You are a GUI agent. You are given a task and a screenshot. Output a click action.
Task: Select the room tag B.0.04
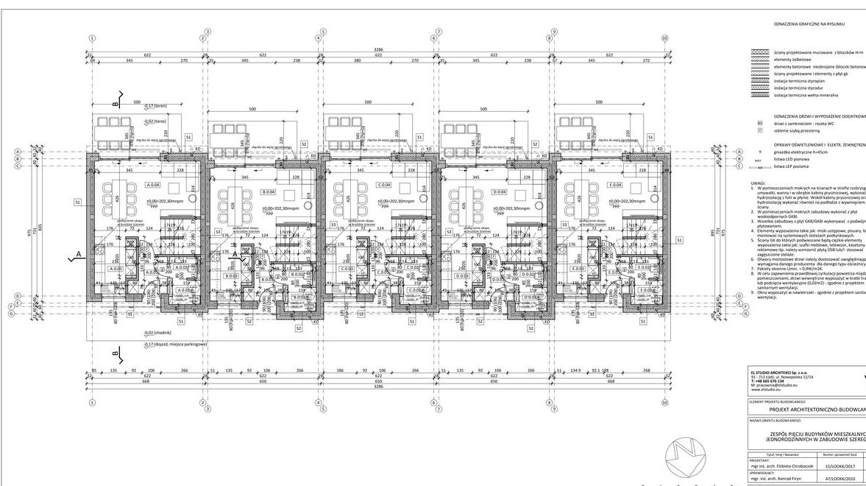click(x=269, y=192)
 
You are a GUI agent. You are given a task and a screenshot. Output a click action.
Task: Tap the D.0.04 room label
click(x=500, y=192)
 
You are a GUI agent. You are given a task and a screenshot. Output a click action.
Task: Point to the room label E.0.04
click(x=615, y=185)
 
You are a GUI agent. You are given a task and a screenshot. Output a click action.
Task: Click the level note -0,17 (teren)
click(x=156, y=106)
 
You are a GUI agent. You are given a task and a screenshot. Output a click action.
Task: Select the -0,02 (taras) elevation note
click(x=155, y=121)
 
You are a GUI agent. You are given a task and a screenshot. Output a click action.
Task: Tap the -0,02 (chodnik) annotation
click(x=157, y=334)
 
